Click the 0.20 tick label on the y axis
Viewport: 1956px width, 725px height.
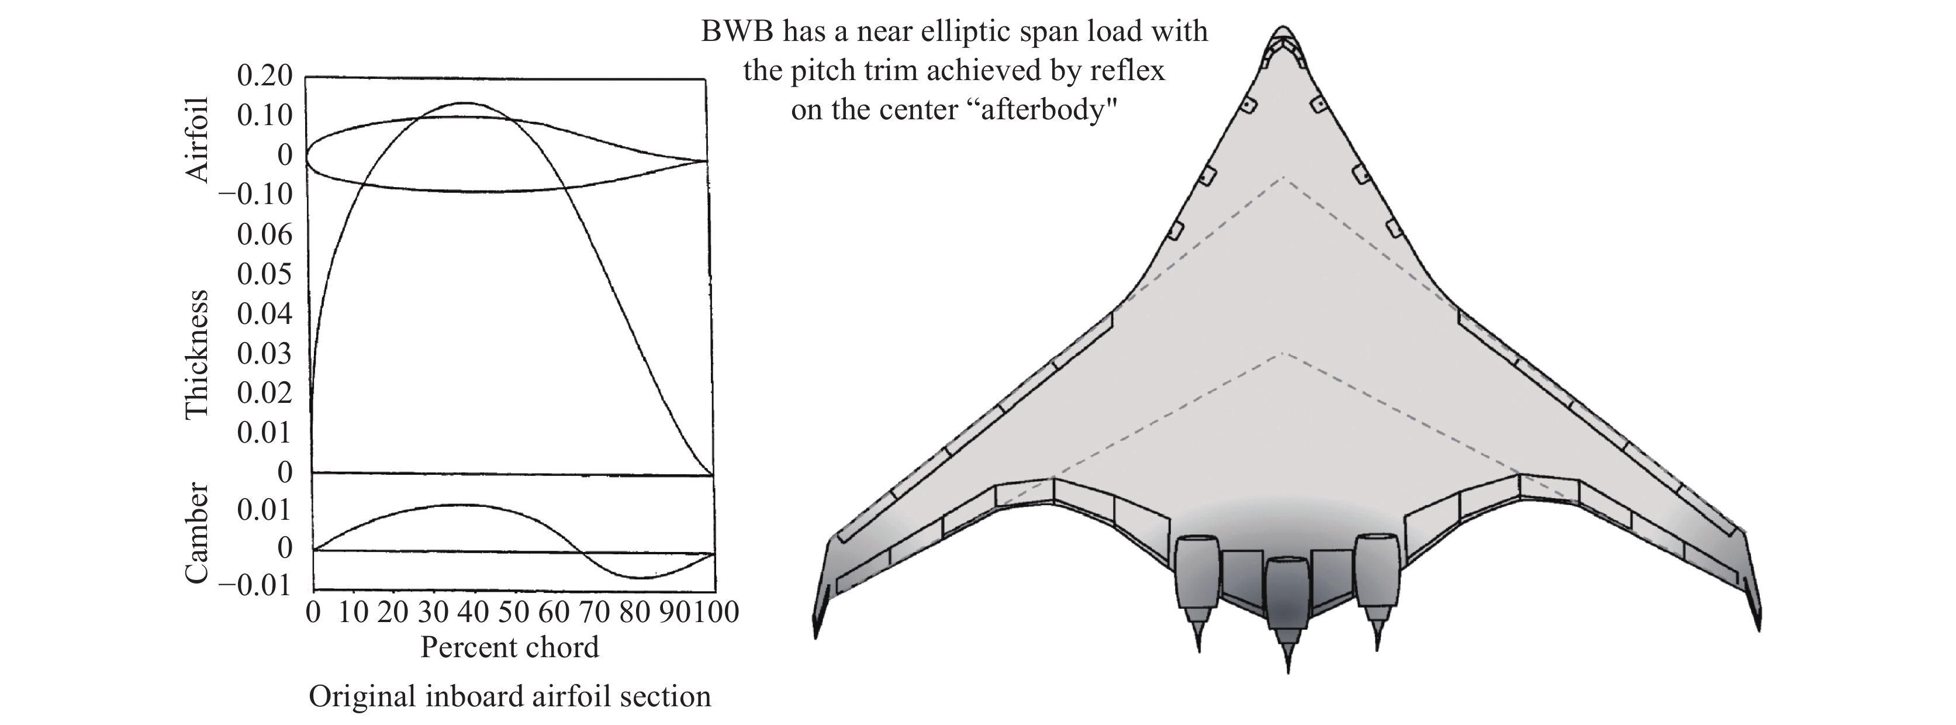(x=264, y=76)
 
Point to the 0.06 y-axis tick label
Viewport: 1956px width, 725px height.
(x=264, y=234)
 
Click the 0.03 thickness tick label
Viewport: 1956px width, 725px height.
(x=264, y=354)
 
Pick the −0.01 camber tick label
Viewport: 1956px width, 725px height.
(x=255, y=585)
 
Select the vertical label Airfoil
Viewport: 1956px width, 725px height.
(x=198, y=140)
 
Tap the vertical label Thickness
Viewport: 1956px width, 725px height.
(x=198, y=354)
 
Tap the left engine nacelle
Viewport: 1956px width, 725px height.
(x=1197, y=573)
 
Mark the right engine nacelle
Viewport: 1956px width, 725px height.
(x=1377, y=571)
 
